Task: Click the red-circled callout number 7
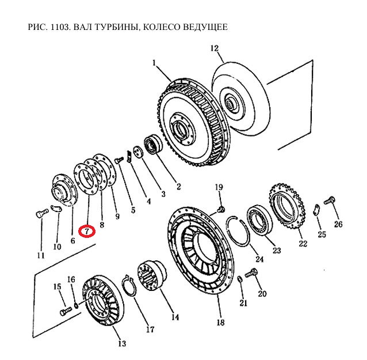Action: coord(86,231)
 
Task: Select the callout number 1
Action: coord(154,62)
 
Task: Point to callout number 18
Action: coord(220,323)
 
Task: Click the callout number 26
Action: coord(338,224)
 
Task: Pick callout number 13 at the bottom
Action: coord(121,344)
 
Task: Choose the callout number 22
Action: coord(303,243)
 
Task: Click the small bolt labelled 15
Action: coord(64,310)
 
